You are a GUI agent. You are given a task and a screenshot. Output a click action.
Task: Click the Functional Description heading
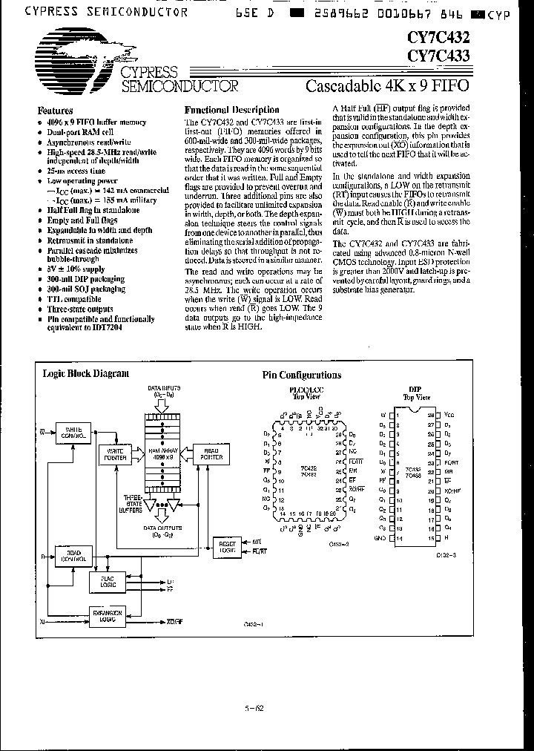click(231, 110)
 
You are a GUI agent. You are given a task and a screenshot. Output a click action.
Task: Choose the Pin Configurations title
click(302, 375)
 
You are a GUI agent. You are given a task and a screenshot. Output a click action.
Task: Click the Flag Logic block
click(104, 583)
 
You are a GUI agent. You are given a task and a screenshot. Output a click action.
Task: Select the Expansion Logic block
click(105, 615)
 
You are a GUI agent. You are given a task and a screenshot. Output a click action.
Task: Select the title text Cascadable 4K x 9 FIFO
click(387, 85)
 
